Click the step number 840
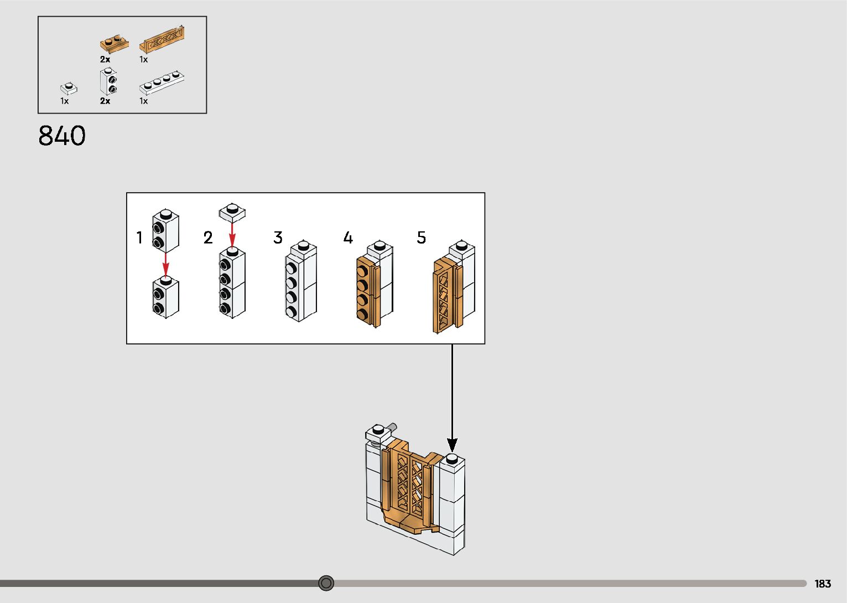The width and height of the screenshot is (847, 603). (62, 136)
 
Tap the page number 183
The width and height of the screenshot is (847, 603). (823, 584)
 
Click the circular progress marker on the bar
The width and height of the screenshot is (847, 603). (326, 583)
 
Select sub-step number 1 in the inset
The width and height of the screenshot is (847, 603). (139, 238)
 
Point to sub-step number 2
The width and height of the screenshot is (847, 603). (208, 238)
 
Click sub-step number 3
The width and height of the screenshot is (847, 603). (278, 238)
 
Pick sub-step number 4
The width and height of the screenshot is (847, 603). (348, 238)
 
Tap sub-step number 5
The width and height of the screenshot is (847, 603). (421, 238)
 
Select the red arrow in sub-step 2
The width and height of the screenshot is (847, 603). (232, 235)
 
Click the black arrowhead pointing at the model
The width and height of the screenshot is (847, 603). (452, 445)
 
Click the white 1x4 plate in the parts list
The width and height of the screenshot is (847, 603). (162, 83)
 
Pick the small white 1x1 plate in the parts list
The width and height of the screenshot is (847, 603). (69, 88)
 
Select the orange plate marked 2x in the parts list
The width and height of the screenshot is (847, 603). (114, 44)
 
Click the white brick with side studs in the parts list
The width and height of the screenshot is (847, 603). (108, 81)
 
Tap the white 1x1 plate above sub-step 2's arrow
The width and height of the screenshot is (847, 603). (232, 213)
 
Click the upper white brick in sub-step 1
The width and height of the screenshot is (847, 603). (165, 230)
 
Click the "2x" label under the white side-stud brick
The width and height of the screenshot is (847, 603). (105, 101)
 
